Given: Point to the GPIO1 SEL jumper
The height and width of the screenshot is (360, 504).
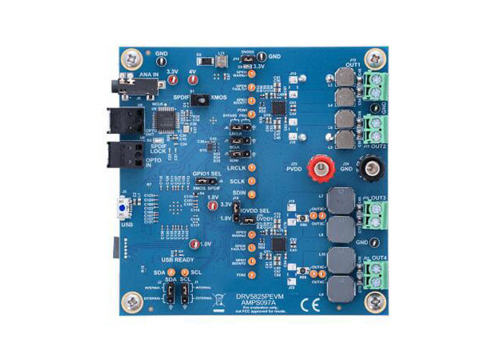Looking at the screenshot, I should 206,185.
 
